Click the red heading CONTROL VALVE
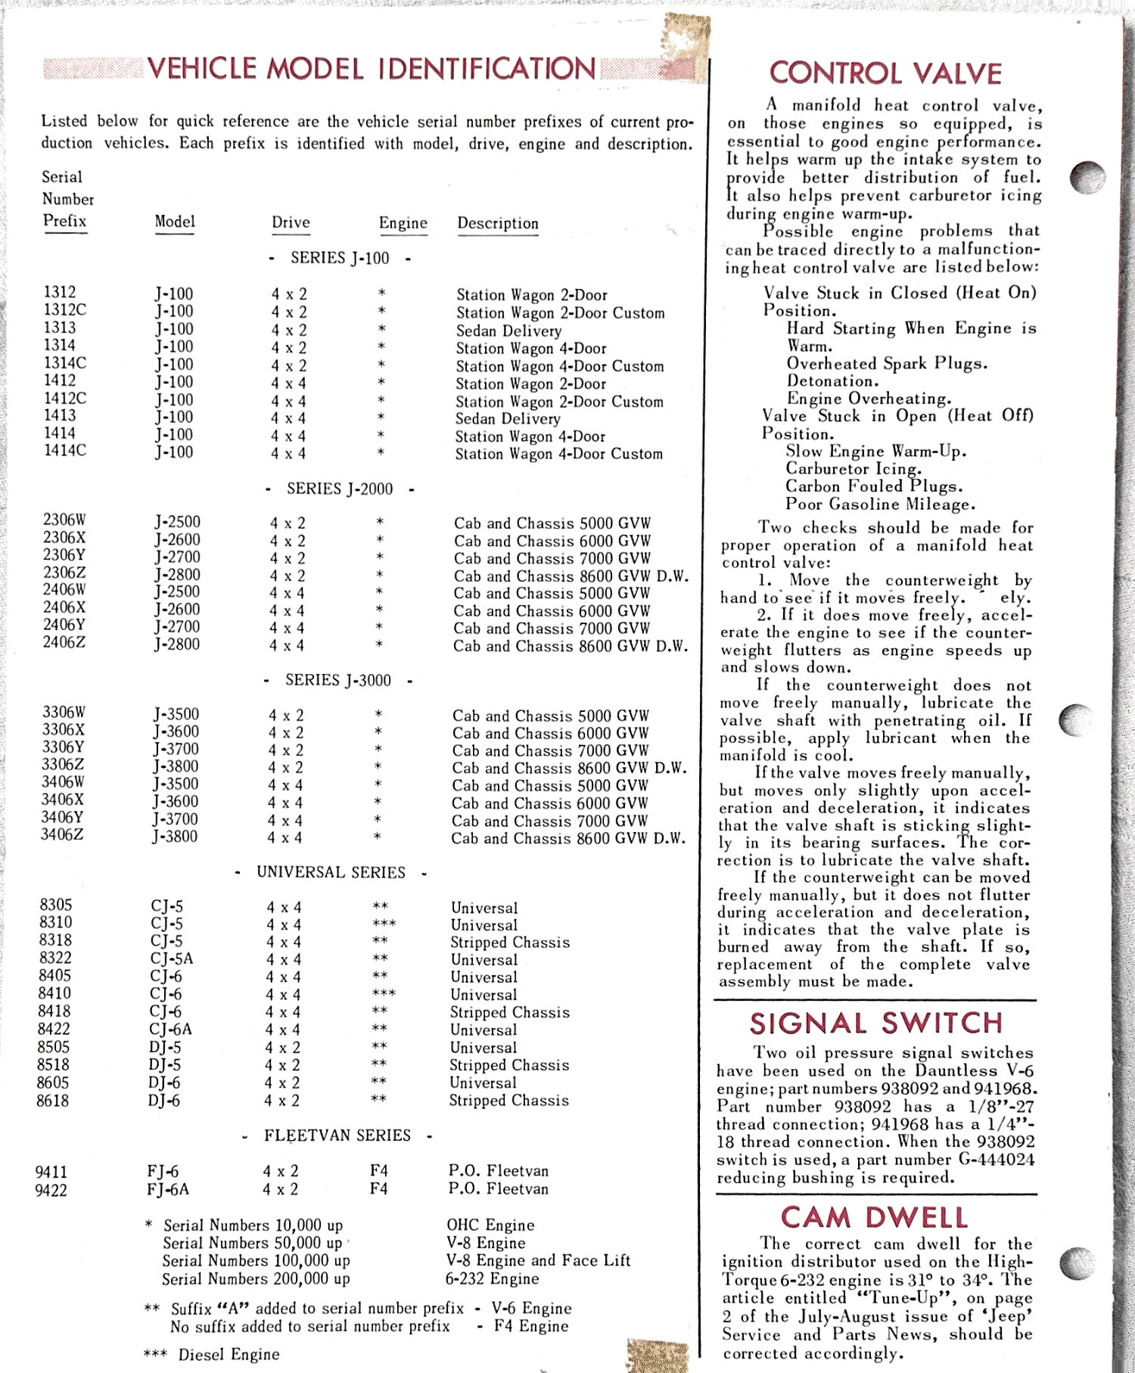[x=885, y=73]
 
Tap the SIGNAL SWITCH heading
[x=876, y=1024]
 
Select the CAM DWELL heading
[x=875, y=1217]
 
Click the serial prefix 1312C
[x=64, y=310]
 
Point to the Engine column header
[x=403, y=223]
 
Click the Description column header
[x=497, y=224]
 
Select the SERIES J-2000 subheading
[x=340, y=489]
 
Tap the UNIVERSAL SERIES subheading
[x=331, y=872]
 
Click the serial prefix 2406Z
[x=64, y=643]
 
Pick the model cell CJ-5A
[x=171, y=958]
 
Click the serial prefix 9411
[x=51, y=1172]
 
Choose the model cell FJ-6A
[x=168, y=1189]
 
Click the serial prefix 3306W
[x=64, y=713]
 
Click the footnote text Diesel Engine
[x=229, y=1354]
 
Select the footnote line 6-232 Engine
[x=492, y=1278]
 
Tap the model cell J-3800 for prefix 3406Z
[x=175, y=837]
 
